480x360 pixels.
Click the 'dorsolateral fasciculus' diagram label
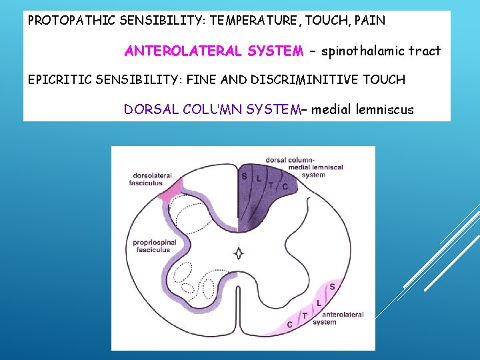pos(152,179)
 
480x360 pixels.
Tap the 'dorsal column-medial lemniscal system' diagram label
pos(304,167)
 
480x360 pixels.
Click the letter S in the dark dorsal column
pos(244,177)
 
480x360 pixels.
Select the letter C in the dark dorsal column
pos(286,187)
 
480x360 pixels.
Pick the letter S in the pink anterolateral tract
pos(332,287)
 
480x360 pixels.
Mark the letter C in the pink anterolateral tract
pos(289,325)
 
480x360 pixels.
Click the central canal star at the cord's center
pos(239,253)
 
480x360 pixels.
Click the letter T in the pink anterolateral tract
pos(305,315)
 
